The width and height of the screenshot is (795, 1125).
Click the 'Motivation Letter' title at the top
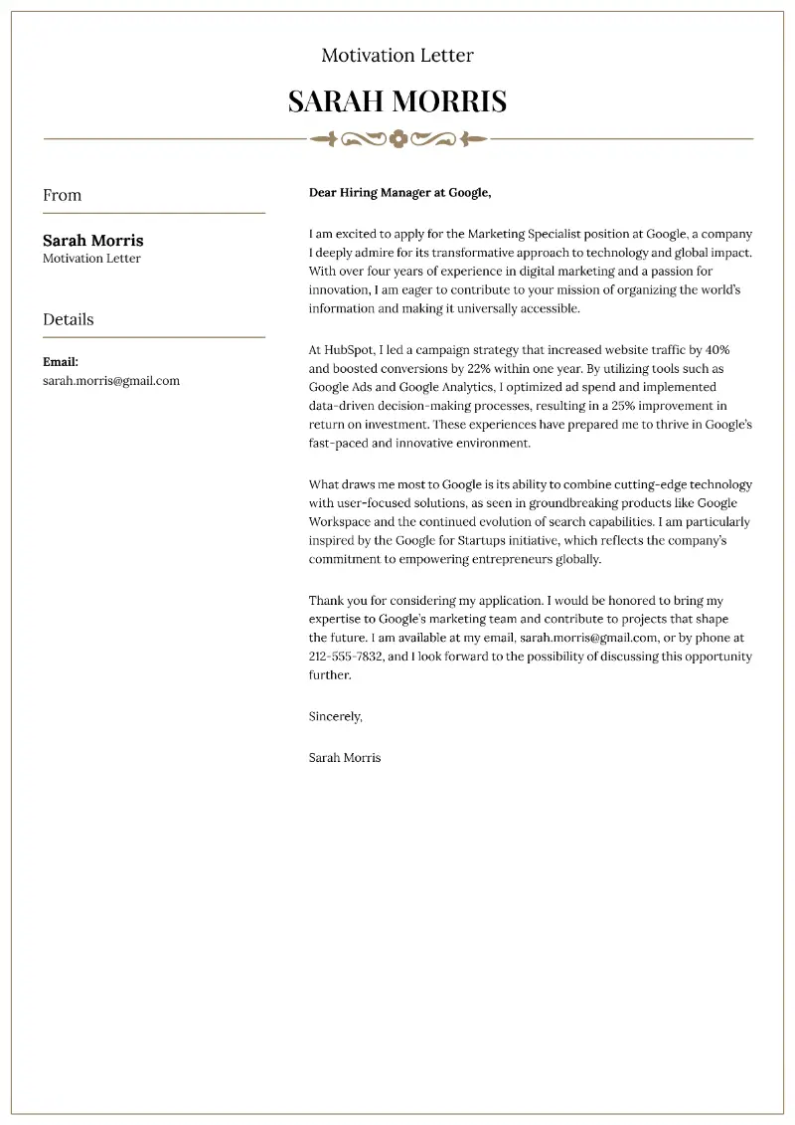coord(397,56)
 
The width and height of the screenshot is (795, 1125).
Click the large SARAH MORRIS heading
coord(397,100)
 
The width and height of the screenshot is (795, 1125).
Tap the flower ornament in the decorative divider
coord(397,139)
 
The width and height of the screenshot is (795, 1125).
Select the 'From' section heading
coord(62,195)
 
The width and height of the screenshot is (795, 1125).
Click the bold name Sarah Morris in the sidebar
coord(92,241)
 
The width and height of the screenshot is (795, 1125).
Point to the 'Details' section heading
coord(68,319)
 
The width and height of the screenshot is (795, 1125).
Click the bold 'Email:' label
coord(61,362)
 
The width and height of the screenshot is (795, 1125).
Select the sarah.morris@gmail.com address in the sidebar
coord(111,381)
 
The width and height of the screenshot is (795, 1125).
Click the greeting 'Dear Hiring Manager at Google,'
coord(399,193)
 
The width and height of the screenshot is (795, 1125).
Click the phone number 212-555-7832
coord(345,656)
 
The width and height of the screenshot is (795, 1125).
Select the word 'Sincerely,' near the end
coord(336,716)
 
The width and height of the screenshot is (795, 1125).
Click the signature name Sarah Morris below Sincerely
coord(345,757)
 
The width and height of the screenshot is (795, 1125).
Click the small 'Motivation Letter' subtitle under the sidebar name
coord(91,259)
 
